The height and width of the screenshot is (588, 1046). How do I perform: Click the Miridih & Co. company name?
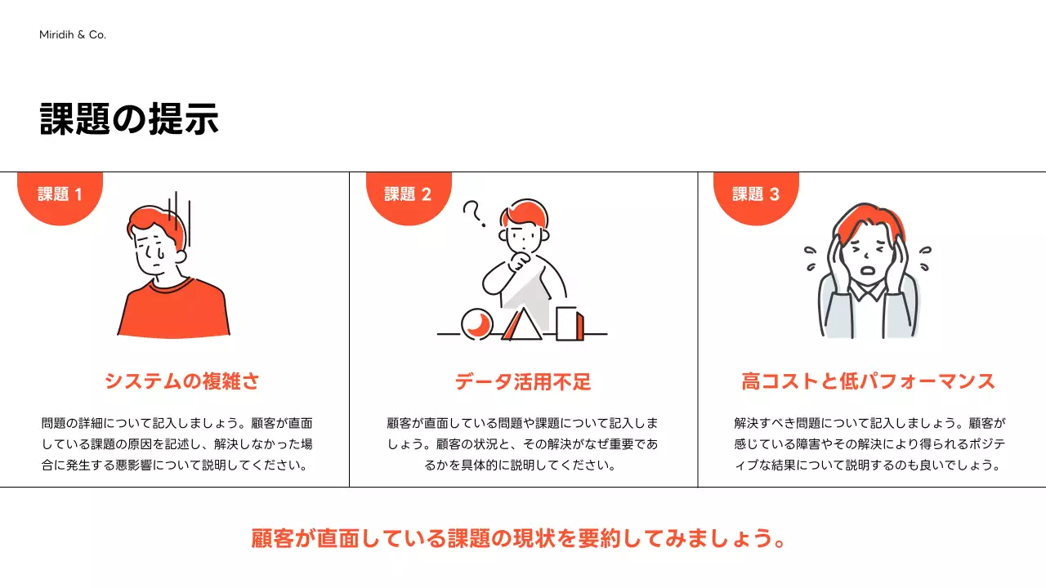click(x=73, y=35)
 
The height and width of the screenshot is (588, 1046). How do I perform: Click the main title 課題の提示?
click(x=129, y=120)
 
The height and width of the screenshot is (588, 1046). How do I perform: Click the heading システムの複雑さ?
click(x=181, y=381)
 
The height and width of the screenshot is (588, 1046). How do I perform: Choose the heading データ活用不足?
click(x=523, y=381)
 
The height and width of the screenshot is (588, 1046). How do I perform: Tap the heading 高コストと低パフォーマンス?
click(x=868, y=381)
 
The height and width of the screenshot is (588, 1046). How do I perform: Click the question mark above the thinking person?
click(x=472, y=213)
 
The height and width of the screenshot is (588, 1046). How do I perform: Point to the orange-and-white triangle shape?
click(x=521, y=325)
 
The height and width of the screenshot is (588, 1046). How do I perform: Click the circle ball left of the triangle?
click(x=477, y=323)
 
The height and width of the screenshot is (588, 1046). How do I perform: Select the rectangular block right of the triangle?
click(x=570, y=323)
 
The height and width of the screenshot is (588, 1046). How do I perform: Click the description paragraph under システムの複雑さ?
click(x=177, y=445)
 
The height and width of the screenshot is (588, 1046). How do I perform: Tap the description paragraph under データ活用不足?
click(x=522, y=445)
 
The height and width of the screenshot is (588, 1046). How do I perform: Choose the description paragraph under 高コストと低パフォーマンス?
click(x=869, y=445)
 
